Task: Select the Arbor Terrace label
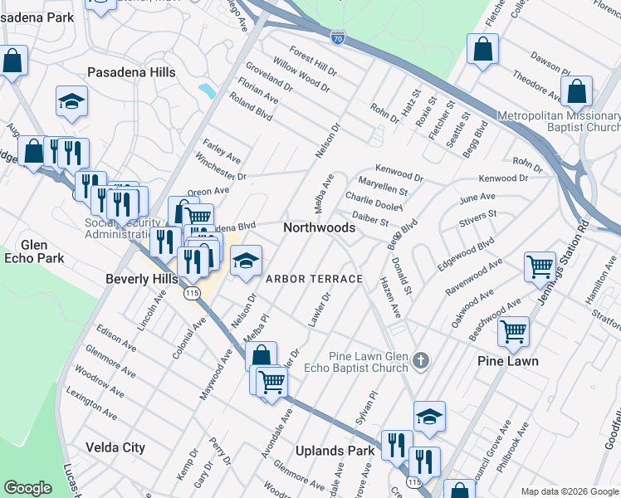point(314,279)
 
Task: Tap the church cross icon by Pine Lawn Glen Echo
point(422,360)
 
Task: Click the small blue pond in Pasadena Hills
point(206,89)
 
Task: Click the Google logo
point(27,488)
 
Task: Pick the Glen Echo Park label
point(34,251)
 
